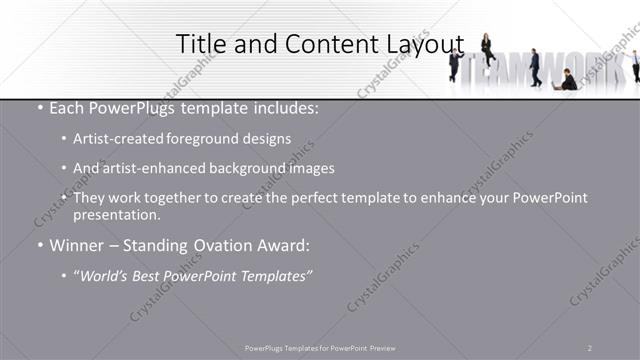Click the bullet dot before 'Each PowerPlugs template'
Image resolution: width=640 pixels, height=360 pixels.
click(x=39, y=109)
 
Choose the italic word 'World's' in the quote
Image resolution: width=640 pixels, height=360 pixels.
click(x=107, y=276)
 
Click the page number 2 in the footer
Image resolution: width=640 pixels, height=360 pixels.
click(x=590, y=348)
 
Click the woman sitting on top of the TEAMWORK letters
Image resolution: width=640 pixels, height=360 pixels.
click(x=487, y=48)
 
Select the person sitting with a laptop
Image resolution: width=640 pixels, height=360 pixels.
click(x=568, y=80)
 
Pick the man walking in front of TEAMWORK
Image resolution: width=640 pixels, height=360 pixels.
click(x=535, y=67)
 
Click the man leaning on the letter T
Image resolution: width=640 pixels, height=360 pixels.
click(x=455, y=64)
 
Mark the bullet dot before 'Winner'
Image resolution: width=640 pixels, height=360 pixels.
click(x=39, y=245)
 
